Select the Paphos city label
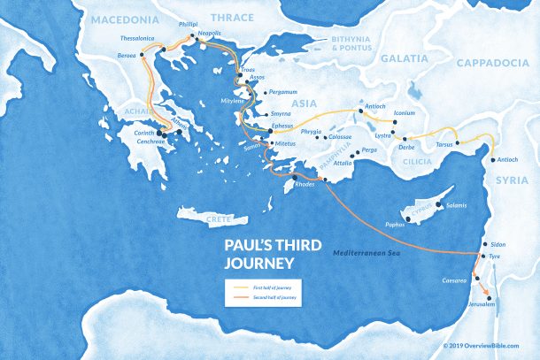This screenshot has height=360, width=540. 395,225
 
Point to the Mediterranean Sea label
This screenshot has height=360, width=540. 365,253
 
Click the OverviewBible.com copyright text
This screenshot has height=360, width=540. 487,347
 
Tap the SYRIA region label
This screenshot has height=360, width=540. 513,180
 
